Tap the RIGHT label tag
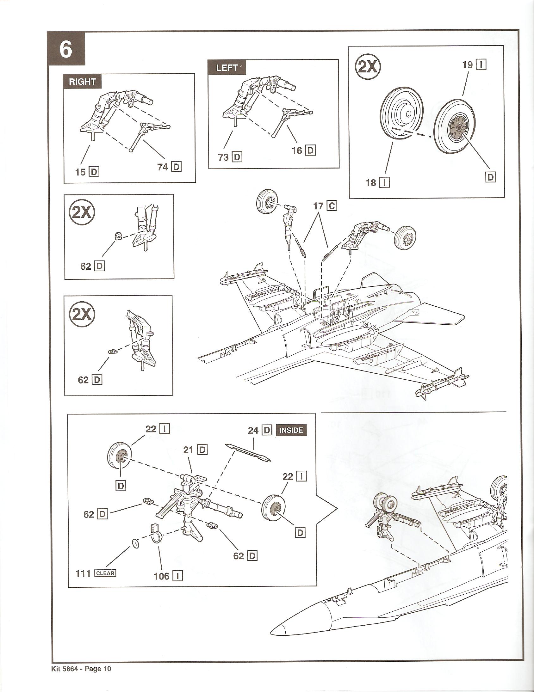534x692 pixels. tap(83, 82)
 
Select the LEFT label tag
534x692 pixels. tap(227, 67)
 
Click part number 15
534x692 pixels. tap(80, 172)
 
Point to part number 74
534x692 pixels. tap(162, 167)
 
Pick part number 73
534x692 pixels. tap(224, 157)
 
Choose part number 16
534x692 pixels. tap(297, 150)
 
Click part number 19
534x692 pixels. tap(468, 64)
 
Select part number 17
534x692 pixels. tap(318, 206)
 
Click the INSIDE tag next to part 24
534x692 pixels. tap(291, 430)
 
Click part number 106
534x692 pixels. tap(161, 576)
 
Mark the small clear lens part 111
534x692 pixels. tap(136, 544)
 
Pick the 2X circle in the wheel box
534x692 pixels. tap(368, 67)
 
